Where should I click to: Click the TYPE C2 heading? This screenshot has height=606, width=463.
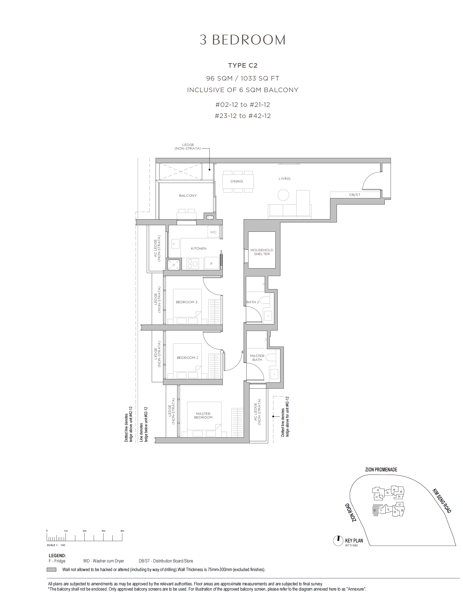coord(243,65)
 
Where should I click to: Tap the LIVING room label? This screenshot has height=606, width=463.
coord(284,179)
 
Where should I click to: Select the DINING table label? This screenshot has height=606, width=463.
coord(237,181)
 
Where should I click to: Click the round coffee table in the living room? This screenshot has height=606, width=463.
coord(283,195)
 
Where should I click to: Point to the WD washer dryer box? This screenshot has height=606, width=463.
coord(213,232)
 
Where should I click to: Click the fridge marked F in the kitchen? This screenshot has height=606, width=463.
coord(211,263)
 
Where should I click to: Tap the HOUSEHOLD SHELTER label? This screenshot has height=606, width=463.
coord(262,252)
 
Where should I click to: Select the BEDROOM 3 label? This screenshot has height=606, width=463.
coord(186,302)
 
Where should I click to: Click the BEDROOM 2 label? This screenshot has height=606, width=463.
coord(187,358)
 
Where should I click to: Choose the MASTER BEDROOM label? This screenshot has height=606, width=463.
coord(203,416)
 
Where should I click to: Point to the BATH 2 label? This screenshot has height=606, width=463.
coord(252,302)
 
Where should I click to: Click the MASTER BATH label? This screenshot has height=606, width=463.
coord(257,358)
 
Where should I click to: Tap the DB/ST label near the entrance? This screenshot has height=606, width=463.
coord(355,195)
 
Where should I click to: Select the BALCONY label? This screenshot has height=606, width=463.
coord(188,196)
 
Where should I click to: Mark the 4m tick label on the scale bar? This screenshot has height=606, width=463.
coord(122,531)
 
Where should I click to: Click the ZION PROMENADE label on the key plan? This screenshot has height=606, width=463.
coord(381,470)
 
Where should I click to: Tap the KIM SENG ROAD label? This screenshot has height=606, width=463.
coord(442,501)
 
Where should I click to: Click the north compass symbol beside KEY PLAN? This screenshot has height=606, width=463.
coord(338,541)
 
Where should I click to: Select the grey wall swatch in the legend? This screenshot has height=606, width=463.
coord(51,570)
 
